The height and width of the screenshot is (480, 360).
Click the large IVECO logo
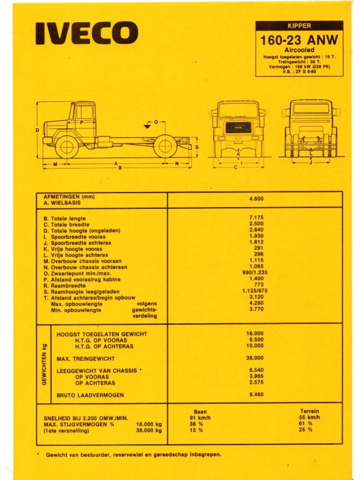point(87,34)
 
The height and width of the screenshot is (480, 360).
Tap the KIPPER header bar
point(299,26)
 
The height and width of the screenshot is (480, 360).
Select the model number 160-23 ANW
point(299,40)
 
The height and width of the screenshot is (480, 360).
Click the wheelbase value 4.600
point(256,199)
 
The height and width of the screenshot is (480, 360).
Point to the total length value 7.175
point(256,218)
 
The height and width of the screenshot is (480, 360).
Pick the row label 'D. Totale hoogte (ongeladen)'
point(82,230)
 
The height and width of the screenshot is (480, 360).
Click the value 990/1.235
point(253,272)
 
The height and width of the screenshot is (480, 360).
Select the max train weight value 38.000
point(254,358)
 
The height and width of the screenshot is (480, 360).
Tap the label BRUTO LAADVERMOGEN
point(91,395)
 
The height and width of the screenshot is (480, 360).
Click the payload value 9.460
point(256,395)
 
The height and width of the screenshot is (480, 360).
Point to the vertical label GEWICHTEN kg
point(44,365)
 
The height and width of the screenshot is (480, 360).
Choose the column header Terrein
point(310,411)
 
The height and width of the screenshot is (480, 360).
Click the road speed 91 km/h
point(200,418)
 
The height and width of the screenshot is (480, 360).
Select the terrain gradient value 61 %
point(305,424)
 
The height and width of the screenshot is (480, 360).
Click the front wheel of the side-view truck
point(67,147)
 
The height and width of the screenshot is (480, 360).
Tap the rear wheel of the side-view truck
point(165,147)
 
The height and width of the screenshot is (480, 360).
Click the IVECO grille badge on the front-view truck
point(238,127)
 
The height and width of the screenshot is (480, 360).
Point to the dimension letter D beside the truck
point(37,130)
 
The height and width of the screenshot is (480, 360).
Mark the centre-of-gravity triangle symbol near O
point(148,126)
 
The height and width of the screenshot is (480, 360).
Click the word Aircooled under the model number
point(299,50)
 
